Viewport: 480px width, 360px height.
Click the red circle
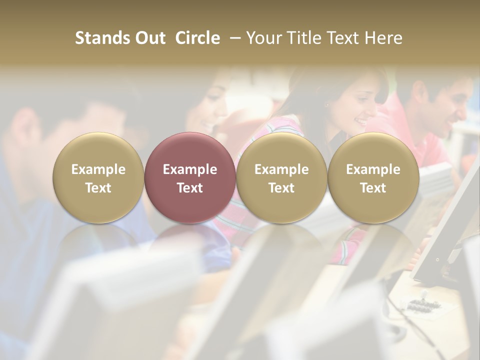coord(189,177)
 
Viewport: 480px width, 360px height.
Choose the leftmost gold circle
coord(98,177)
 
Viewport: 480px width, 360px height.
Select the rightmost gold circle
coord(373,177)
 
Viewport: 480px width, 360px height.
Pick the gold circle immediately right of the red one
coord(281,177)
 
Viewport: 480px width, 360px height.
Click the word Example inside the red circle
coord(190,169)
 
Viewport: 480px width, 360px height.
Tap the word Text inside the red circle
coord(190,188)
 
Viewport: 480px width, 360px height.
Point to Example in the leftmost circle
coord(98,169)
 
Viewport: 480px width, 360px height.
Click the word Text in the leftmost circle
coord(98,188)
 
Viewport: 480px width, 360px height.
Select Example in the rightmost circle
coord(373,169)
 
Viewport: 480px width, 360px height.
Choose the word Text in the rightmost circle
coord(373,188)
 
